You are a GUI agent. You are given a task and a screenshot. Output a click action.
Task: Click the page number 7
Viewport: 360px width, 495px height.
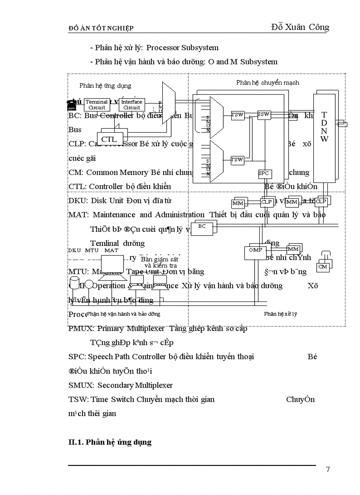point(327,469)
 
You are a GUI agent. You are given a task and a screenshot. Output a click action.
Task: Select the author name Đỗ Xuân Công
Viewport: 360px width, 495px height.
point(300,27)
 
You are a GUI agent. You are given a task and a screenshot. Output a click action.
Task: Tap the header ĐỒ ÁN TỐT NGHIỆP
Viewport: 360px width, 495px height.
point(101,28)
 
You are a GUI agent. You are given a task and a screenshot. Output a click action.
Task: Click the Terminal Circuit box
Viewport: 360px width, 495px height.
point(97,104)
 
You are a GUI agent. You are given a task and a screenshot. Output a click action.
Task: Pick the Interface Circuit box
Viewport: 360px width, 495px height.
point(131,104)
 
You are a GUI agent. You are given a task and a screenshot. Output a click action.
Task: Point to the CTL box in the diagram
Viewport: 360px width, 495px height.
point(109,139)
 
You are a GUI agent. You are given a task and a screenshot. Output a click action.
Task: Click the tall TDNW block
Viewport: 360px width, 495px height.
point(324,137)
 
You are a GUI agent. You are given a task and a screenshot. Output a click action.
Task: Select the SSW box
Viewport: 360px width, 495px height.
point(263,115)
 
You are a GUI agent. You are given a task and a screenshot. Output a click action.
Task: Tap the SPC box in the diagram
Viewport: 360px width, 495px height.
point(263,174)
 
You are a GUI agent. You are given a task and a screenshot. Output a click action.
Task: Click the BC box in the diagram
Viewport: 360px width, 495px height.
point(202,226)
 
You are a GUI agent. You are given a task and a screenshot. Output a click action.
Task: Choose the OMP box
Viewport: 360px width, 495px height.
point(255,250)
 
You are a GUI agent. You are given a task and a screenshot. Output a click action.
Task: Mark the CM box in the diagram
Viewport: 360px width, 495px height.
point(323,267)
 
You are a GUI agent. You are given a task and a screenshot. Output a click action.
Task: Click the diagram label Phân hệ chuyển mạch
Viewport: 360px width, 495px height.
point(267,82)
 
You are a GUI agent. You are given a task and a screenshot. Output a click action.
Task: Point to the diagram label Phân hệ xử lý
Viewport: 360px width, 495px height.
point(280,314)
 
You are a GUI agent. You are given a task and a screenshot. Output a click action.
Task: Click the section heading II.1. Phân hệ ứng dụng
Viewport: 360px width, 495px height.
point(110,442)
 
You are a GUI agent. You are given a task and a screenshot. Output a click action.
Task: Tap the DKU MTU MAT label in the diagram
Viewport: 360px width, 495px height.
point(93,250)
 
